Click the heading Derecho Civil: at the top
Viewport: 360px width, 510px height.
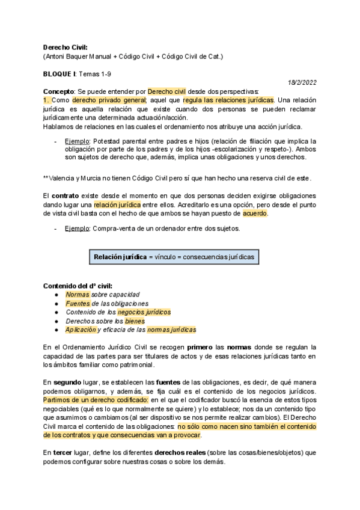coord(66,47)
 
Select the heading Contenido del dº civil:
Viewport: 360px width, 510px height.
coord(78,285)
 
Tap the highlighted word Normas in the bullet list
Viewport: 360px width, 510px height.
coord(77,295)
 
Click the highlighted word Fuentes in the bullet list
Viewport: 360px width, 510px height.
coord(78,304)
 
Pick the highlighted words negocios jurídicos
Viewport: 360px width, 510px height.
coord(144,312)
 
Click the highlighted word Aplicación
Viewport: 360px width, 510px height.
coord(81,330)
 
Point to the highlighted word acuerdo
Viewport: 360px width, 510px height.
coord(255,214)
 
